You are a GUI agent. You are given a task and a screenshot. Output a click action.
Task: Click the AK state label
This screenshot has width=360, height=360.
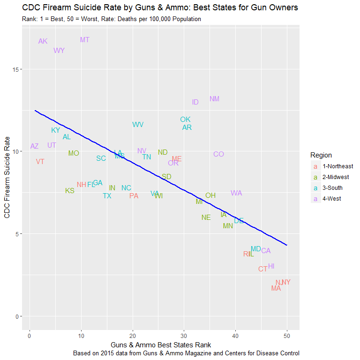[x=43, y=41]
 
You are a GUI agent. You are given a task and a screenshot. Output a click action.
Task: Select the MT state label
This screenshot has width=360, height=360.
[x=84, y=40]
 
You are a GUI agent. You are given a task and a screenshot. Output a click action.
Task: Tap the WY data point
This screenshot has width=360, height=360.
[x=59, y=51]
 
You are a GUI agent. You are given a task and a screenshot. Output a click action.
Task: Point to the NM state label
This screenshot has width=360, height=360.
[x=214, y=99]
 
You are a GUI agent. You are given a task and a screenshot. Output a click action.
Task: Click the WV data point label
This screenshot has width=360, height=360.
[x=138, y=125]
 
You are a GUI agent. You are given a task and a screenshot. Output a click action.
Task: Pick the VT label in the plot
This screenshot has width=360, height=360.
[x=40, y=162]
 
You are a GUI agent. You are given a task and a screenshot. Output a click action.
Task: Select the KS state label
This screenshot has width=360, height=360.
[x=69, y=191]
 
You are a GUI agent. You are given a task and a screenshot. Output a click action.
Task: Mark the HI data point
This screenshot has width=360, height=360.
[x=271, y=266]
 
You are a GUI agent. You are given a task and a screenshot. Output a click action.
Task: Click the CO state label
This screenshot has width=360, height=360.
[x=218, y=154]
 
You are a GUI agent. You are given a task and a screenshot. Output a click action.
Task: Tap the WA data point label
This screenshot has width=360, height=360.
[x=236, y=193]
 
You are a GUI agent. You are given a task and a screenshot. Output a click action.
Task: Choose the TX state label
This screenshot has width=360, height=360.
[x=107, y=196]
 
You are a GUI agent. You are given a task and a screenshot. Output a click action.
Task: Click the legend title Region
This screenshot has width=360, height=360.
[x=321, y=155]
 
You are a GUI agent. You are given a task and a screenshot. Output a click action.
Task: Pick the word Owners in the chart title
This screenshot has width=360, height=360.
[x=282, y=8]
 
